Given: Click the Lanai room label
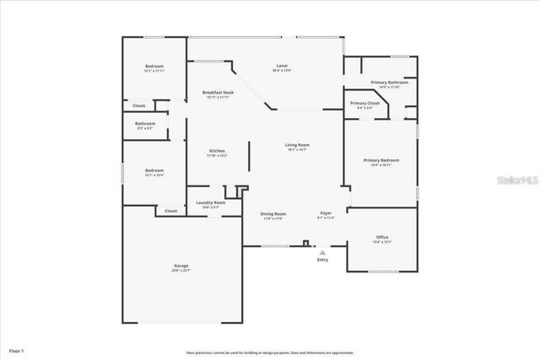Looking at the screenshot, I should click(x=282, y=66).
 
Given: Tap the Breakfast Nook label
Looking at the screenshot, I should click(x=218, y=92).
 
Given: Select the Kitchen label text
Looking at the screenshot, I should click(x=217, y=151).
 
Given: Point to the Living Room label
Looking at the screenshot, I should click(x=296, y=145).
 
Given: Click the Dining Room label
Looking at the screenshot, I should click(x=273, y=213).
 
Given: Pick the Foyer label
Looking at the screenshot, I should click(x=326, y=213).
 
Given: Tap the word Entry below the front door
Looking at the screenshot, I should click(x=322, y=260).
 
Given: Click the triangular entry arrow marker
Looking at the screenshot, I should click(x=322, y=251).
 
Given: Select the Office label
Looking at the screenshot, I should click(x=381, y=237).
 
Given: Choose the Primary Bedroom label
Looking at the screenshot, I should click(x=381, y=160).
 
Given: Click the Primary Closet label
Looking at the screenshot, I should click(x=364, y=103).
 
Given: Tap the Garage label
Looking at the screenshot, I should click(x=181, y=266).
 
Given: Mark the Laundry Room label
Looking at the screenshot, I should click(x=210, y=202).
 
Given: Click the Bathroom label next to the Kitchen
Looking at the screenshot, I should click(x=144, y=123).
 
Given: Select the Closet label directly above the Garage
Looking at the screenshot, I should click(x=170, y=211).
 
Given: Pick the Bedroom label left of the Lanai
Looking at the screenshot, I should click(x=154, y=66).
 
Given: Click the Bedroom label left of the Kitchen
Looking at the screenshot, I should click(x=154, y=170).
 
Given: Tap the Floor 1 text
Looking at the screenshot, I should click(x=17, y=349).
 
